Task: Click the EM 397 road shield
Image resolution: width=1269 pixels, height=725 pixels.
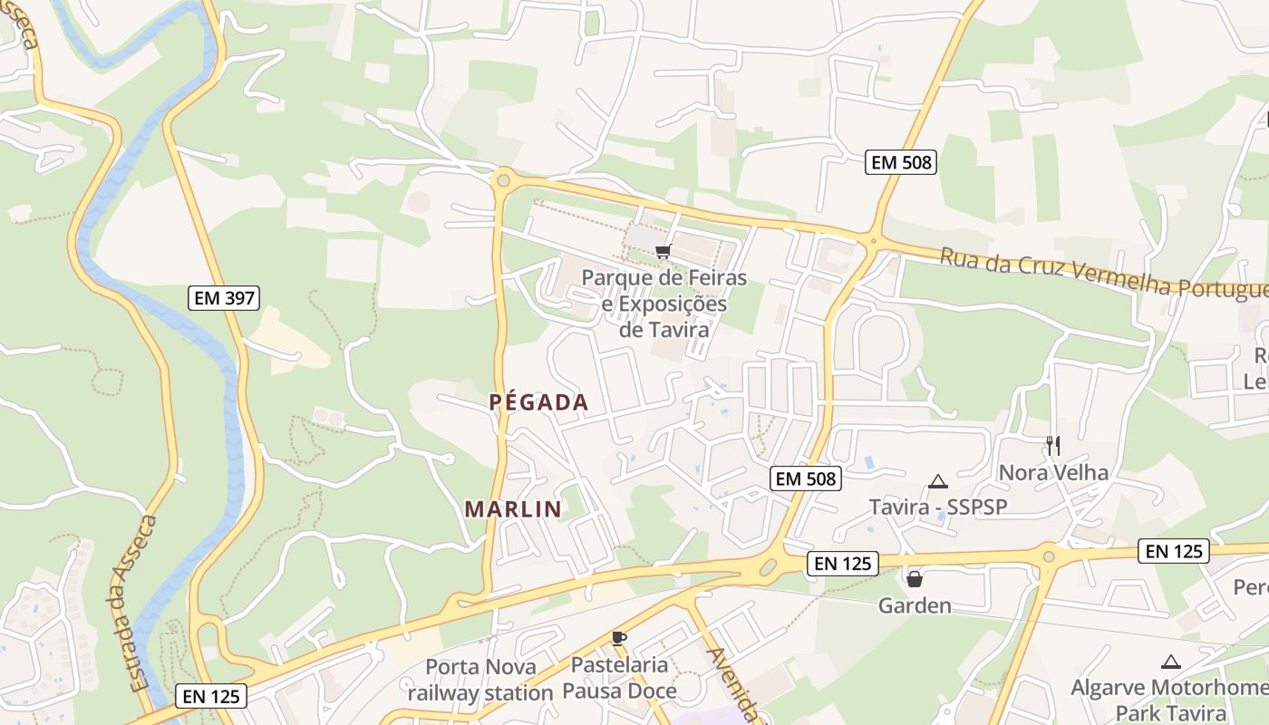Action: pos(224,297)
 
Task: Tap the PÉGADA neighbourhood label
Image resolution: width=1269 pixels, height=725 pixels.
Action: pos(539,402)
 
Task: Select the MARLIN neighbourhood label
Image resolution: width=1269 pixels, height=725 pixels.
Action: pos(513,509)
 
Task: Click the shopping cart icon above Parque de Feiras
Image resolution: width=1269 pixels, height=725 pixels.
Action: pos(663,251)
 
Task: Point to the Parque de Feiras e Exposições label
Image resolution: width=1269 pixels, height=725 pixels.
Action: pos(664,304)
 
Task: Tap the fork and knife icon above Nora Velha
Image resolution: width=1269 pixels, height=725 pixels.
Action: pos(1052,445)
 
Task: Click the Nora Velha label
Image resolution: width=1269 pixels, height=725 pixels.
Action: pos(1053,472)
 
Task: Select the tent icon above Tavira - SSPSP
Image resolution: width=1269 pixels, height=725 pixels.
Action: pos(937,481)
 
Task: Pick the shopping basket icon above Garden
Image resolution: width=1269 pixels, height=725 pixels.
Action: pos(915,578)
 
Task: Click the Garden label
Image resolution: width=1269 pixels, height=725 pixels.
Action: pos(915,605)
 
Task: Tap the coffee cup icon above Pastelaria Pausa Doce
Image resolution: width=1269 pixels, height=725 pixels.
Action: pos(619,638)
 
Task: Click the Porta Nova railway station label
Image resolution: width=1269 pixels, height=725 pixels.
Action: pos(480,680)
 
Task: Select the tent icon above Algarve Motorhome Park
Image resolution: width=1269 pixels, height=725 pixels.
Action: pos(1171,662)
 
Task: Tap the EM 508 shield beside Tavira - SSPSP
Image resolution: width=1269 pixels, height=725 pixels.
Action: pos(806,478)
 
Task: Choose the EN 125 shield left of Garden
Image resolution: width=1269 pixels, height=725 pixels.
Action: pos(842,564)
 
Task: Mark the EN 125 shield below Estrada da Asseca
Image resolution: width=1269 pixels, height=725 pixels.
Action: pos(210,696)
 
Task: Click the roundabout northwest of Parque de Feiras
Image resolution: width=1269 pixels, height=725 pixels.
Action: pos(503,179)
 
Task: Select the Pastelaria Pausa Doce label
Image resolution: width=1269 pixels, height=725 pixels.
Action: pos(619,678)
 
